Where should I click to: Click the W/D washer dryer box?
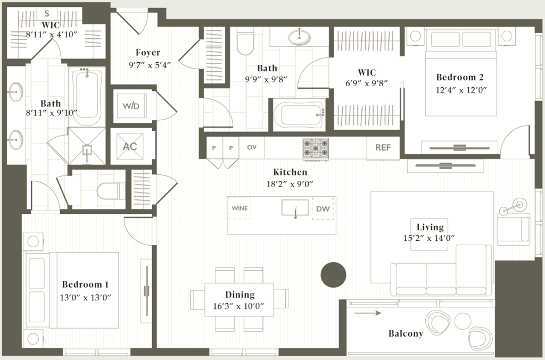pyautogui.click(x=131, y=106)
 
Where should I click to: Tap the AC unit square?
pyautogui.click(x=130, y=146)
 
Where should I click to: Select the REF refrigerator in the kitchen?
pyautogui.click(x=383, y=148)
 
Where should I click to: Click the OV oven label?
pyautogui.click(x=251, y=148)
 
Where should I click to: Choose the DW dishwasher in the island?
pyautogui.click(x=323, y=208)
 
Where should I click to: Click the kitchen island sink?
pyautogui.click(x=295, y=208)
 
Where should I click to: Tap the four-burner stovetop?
pyautogui.click(x=316, y=149)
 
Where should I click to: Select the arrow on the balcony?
pyautogui.click(x=368, y=313)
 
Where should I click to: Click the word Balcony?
pyautogui.click(x=406, y=333)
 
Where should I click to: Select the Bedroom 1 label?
pyautogui.click(x=85, y=283)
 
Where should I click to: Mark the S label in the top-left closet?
pyautogui.click(x=47, y=13)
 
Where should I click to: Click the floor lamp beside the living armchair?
pyautogui.click(x=517, y=204)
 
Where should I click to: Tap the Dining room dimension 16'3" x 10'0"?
pyautogui.click(x=240, y=306)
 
